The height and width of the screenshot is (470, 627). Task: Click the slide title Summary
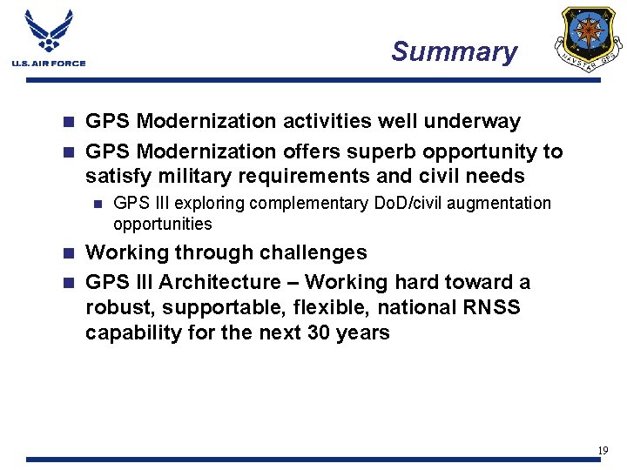tap(454, 51)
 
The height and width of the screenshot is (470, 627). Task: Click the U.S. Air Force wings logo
tap(49, 32)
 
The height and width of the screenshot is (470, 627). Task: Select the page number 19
tap(602, 450)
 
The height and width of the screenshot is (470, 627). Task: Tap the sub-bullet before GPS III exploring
tap(98, 204)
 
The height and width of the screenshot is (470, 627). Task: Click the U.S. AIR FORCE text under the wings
tap(49, 63)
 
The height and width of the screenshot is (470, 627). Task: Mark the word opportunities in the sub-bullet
tap(162, 224)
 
